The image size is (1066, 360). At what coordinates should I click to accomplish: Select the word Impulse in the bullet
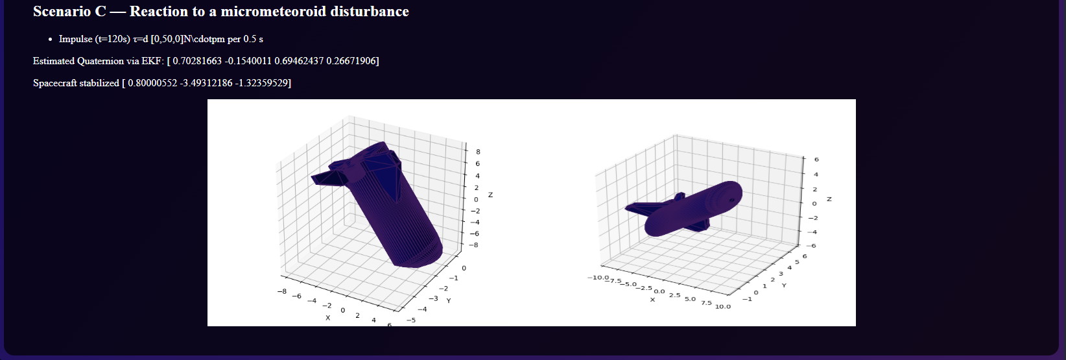[x=75, y=39]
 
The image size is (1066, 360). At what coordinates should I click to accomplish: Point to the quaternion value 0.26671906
[x=351, y=61]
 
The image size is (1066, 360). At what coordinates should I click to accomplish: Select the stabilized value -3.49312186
[x=206, y=83]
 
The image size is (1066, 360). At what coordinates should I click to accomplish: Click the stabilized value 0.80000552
[x=152, y=83]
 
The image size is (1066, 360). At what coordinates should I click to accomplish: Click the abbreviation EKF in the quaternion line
[x=152, y=61]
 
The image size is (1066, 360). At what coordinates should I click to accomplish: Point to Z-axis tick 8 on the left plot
[x=478, y=152]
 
